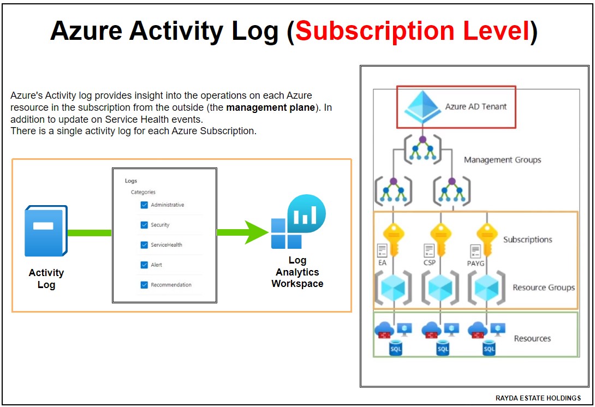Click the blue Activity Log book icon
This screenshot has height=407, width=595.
46,231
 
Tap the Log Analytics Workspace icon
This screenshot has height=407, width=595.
298,222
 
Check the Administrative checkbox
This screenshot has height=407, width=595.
144,205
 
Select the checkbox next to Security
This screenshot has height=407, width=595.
144,225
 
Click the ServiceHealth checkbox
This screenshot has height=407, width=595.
144,245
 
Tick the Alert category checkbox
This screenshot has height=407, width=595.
144,265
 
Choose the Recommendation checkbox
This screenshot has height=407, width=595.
144,285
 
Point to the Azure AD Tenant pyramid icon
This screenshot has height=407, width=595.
421,107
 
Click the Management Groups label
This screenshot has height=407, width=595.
502,160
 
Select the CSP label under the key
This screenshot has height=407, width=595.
430,263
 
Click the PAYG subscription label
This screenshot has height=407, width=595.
476,264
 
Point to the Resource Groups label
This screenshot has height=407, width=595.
543,288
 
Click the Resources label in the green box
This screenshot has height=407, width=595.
532,338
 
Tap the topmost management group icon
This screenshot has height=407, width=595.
422,148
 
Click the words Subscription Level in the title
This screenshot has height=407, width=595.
412,32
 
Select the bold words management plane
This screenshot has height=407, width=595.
270,107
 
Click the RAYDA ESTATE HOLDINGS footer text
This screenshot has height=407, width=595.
538,398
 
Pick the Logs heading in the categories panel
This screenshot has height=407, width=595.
131,181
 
